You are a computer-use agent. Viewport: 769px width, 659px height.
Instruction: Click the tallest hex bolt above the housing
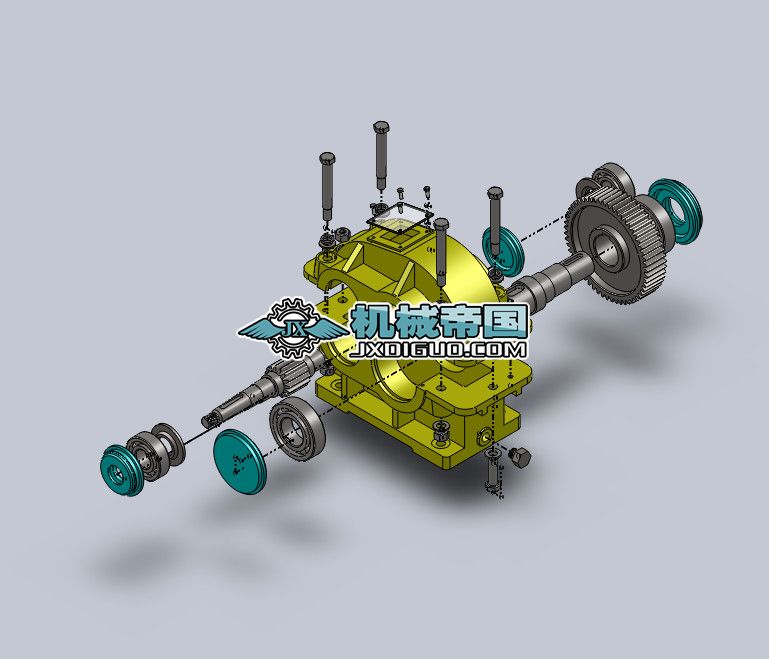click(x=381, y=150)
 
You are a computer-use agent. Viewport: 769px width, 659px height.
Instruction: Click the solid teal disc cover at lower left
click(x=239, y=461)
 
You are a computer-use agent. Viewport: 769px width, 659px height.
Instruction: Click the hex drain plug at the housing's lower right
click(x=519, y=457)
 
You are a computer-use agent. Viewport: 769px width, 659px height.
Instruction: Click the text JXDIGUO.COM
click(x=440, y=350)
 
